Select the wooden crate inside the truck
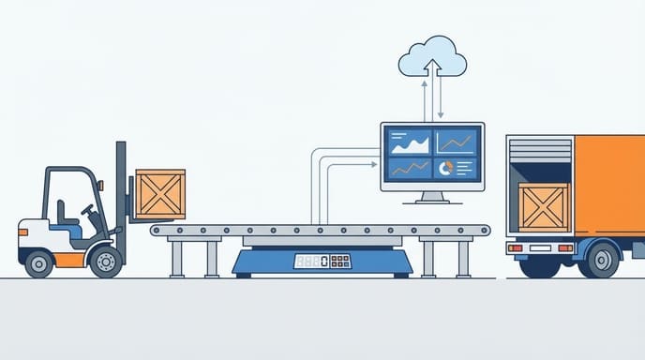point(543,206)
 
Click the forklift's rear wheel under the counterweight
point(39,262)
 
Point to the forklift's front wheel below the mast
point(106,261)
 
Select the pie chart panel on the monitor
point(456,168)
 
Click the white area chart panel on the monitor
point(410,142)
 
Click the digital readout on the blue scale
point(312,261)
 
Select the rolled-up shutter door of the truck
point(539,153)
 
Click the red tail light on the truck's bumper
point(516,248)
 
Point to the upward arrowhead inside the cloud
point(432,65)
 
